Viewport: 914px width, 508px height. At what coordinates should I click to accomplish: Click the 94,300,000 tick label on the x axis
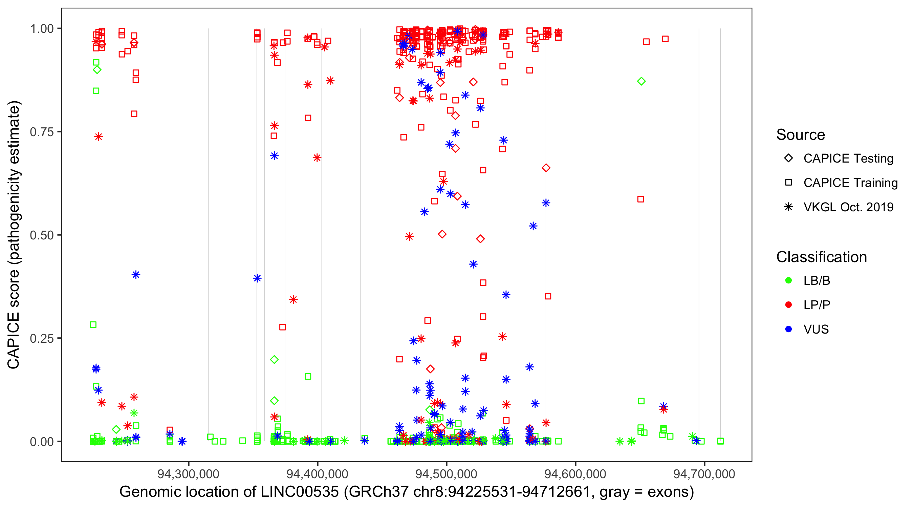(188, 474)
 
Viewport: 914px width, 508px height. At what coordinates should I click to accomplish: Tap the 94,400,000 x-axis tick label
(317, 474)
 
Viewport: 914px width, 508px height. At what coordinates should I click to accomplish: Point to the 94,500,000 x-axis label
(447, 474)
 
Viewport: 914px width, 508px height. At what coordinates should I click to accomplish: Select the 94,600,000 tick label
(575, 474)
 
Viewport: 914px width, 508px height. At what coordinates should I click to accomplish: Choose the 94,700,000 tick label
(704, 474)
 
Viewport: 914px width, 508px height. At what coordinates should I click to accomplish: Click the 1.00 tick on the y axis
(42, 29)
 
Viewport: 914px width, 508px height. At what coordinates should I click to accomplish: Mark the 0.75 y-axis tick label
(42, 132)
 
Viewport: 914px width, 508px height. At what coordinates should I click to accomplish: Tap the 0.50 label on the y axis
(42, 235)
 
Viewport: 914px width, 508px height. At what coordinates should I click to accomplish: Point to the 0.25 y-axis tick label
(42, 338)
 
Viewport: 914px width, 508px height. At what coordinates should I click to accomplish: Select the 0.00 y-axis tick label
(42, 442)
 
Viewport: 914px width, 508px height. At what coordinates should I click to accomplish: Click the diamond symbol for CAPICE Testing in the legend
(788, 158)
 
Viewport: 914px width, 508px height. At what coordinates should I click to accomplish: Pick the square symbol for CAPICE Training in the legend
(788, 183)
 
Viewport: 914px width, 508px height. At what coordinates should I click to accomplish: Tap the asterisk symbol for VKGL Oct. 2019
(788, 207)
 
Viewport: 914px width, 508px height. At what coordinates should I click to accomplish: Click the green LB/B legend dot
(788, 280)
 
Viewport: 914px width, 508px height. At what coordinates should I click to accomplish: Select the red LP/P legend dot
(788, 305)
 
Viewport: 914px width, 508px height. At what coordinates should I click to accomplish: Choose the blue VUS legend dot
(788, 329)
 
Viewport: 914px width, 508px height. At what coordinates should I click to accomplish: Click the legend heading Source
(801, 135)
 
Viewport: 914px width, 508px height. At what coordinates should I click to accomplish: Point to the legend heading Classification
(821, 257)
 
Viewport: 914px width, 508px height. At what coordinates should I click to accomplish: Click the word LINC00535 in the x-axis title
(300, 492)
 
